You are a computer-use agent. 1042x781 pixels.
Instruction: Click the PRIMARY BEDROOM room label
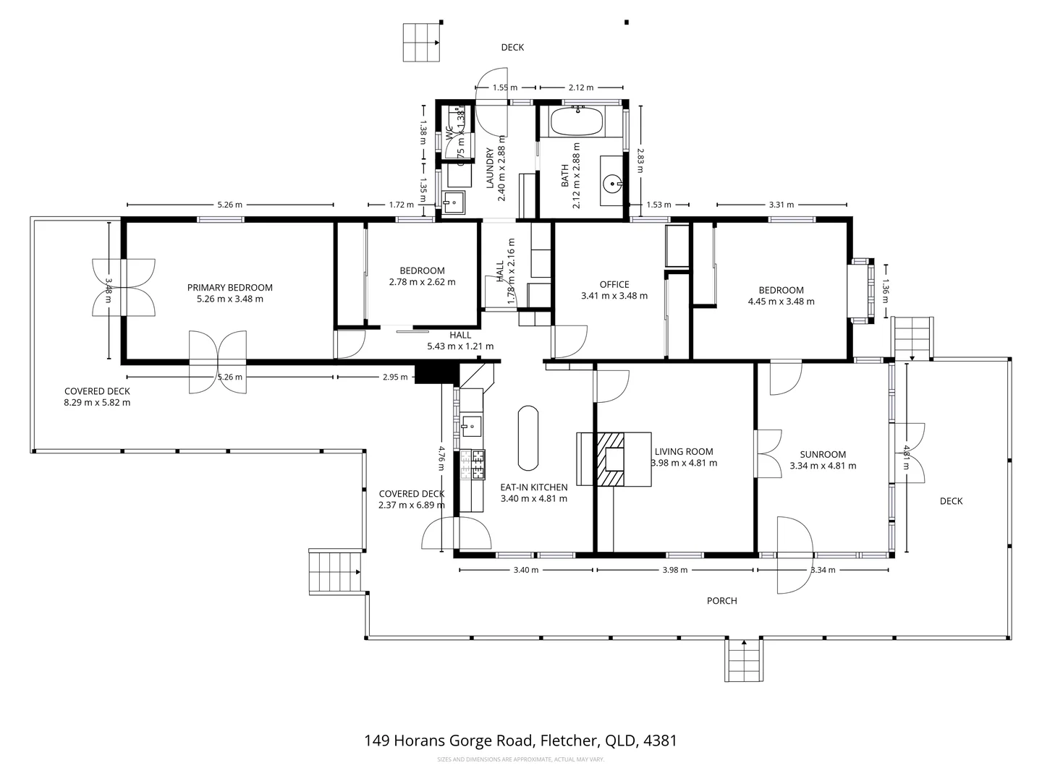(x=229, y=287)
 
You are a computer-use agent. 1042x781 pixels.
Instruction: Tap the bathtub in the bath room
(x=576, y=121)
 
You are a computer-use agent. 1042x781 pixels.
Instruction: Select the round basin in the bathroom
(x=613, y=184)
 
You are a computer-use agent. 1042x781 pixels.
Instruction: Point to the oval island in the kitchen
(x=528, y=438)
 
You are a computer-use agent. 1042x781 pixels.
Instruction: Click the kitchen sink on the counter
(x=471, y=426)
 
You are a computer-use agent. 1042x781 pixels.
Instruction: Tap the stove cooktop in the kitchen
(x=478, y=465)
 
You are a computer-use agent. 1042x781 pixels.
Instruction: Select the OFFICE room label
(x=614, y=284)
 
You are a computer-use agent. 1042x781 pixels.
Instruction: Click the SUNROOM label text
(x=823, y=454)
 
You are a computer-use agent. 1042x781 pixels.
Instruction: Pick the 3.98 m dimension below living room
(x=675, y=570)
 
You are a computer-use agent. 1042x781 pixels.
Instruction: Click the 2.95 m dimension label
(x=394, y=377)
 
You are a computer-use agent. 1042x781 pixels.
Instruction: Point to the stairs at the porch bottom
(x=744, y=660)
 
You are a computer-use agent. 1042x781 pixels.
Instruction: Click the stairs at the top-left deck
(x=421, y=43)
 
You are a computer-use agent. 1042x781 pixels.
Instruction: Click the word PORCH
(x=721, y=601)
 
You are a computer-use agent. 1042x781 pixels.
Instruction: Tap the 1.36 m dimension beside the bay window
(x=884, y=287)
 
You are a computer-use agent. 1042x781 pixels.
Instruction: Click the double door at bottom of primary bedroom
(x=218, y=362)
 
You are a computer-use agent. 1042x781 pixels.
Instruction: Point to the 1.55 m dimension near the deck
(x=504, y=88)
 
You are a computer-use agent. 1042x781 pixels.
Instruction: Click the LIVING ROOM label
(x=683, y=451)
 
